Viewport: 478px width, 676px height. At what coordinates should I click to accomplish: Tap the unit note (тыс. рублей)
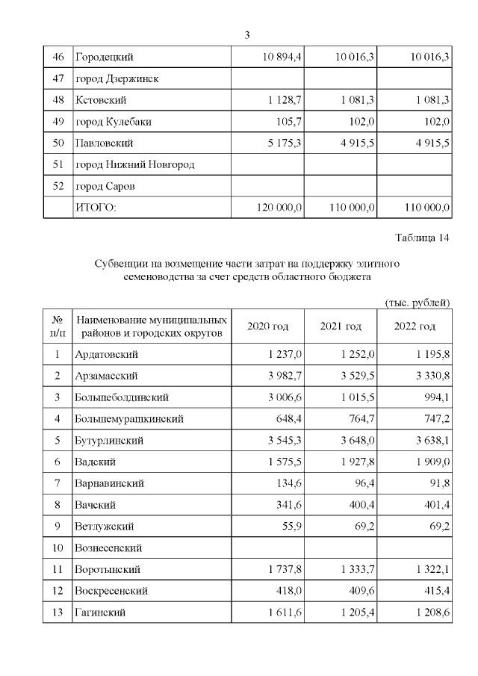(417, 303)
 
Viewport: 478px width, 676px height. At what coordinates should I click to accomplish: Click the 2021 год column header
(341, 326)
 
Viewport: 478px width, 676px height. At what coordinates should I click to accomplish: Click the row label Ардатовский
(108, 354)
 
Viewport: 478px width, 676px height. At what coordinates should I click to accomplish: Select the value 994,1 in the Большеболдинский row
(435, 397)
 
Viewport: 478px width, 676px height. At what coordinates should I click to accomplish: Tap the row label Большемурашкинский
(129, 419)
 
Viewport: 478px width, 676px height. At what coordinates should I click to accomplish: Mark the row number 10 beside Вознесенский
(58, 548)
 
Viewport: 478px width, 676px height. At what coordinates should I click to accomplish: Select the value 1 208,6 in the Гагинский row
(429, 613)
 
